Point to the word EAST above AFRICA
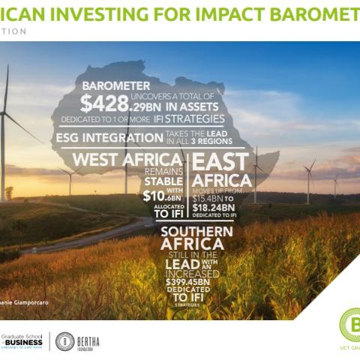click(x=223, y=161)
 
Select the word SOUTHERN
click(x=196, y=231)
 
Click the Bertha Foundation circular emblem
click(x=64, y=341)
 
